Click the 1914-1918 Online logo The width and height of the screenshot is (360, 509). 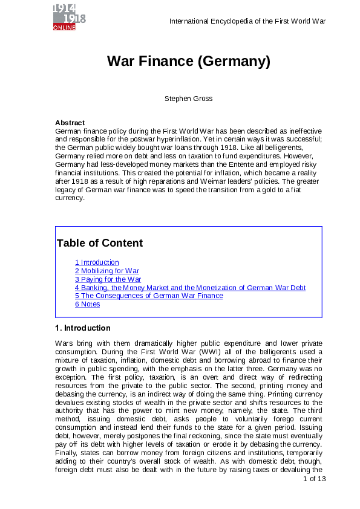pyautogui.click(x=69, y=16)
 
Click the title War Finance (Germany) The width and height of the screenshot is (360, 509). pyautogui.click(x=188, y=62)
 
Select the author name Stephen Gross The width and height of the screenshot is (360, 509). pyautogui.click(x=188, y=99)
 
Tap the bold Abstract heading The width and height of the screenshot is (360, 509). pyautogui.click(x=70, y=123)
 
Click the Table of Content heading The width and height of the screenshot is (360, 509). pyautogui.click(x=99, y=244)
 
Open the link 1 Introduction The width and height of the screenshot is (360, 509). pyautogui.click(x=97, y=262)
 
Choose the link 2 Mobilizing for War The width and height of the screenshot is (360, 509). pyautogui.click(x=107, y=271)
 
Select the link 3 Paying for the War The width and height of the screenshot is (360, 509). pyautogui.click(x=108, y=279)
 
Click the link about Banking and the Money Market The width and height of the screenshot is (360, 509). pyautogui.click(x=190, y=288)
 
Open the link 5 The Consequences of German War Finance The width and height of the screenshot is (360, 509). pyautogui.click(x=149, y=296)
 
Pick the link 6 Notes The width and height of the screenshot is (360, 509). pyautogui.click(x=88, y=304)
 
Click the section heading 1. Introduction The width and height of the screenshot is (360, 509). pyautogui.click(x=82, y=328)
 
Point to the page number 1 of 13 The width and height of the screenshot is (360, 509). pyautogui.click(x=314, y=479)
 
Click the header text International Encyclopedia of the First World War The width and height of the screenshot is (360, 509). pyautogui.click(x=247, y=21)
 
